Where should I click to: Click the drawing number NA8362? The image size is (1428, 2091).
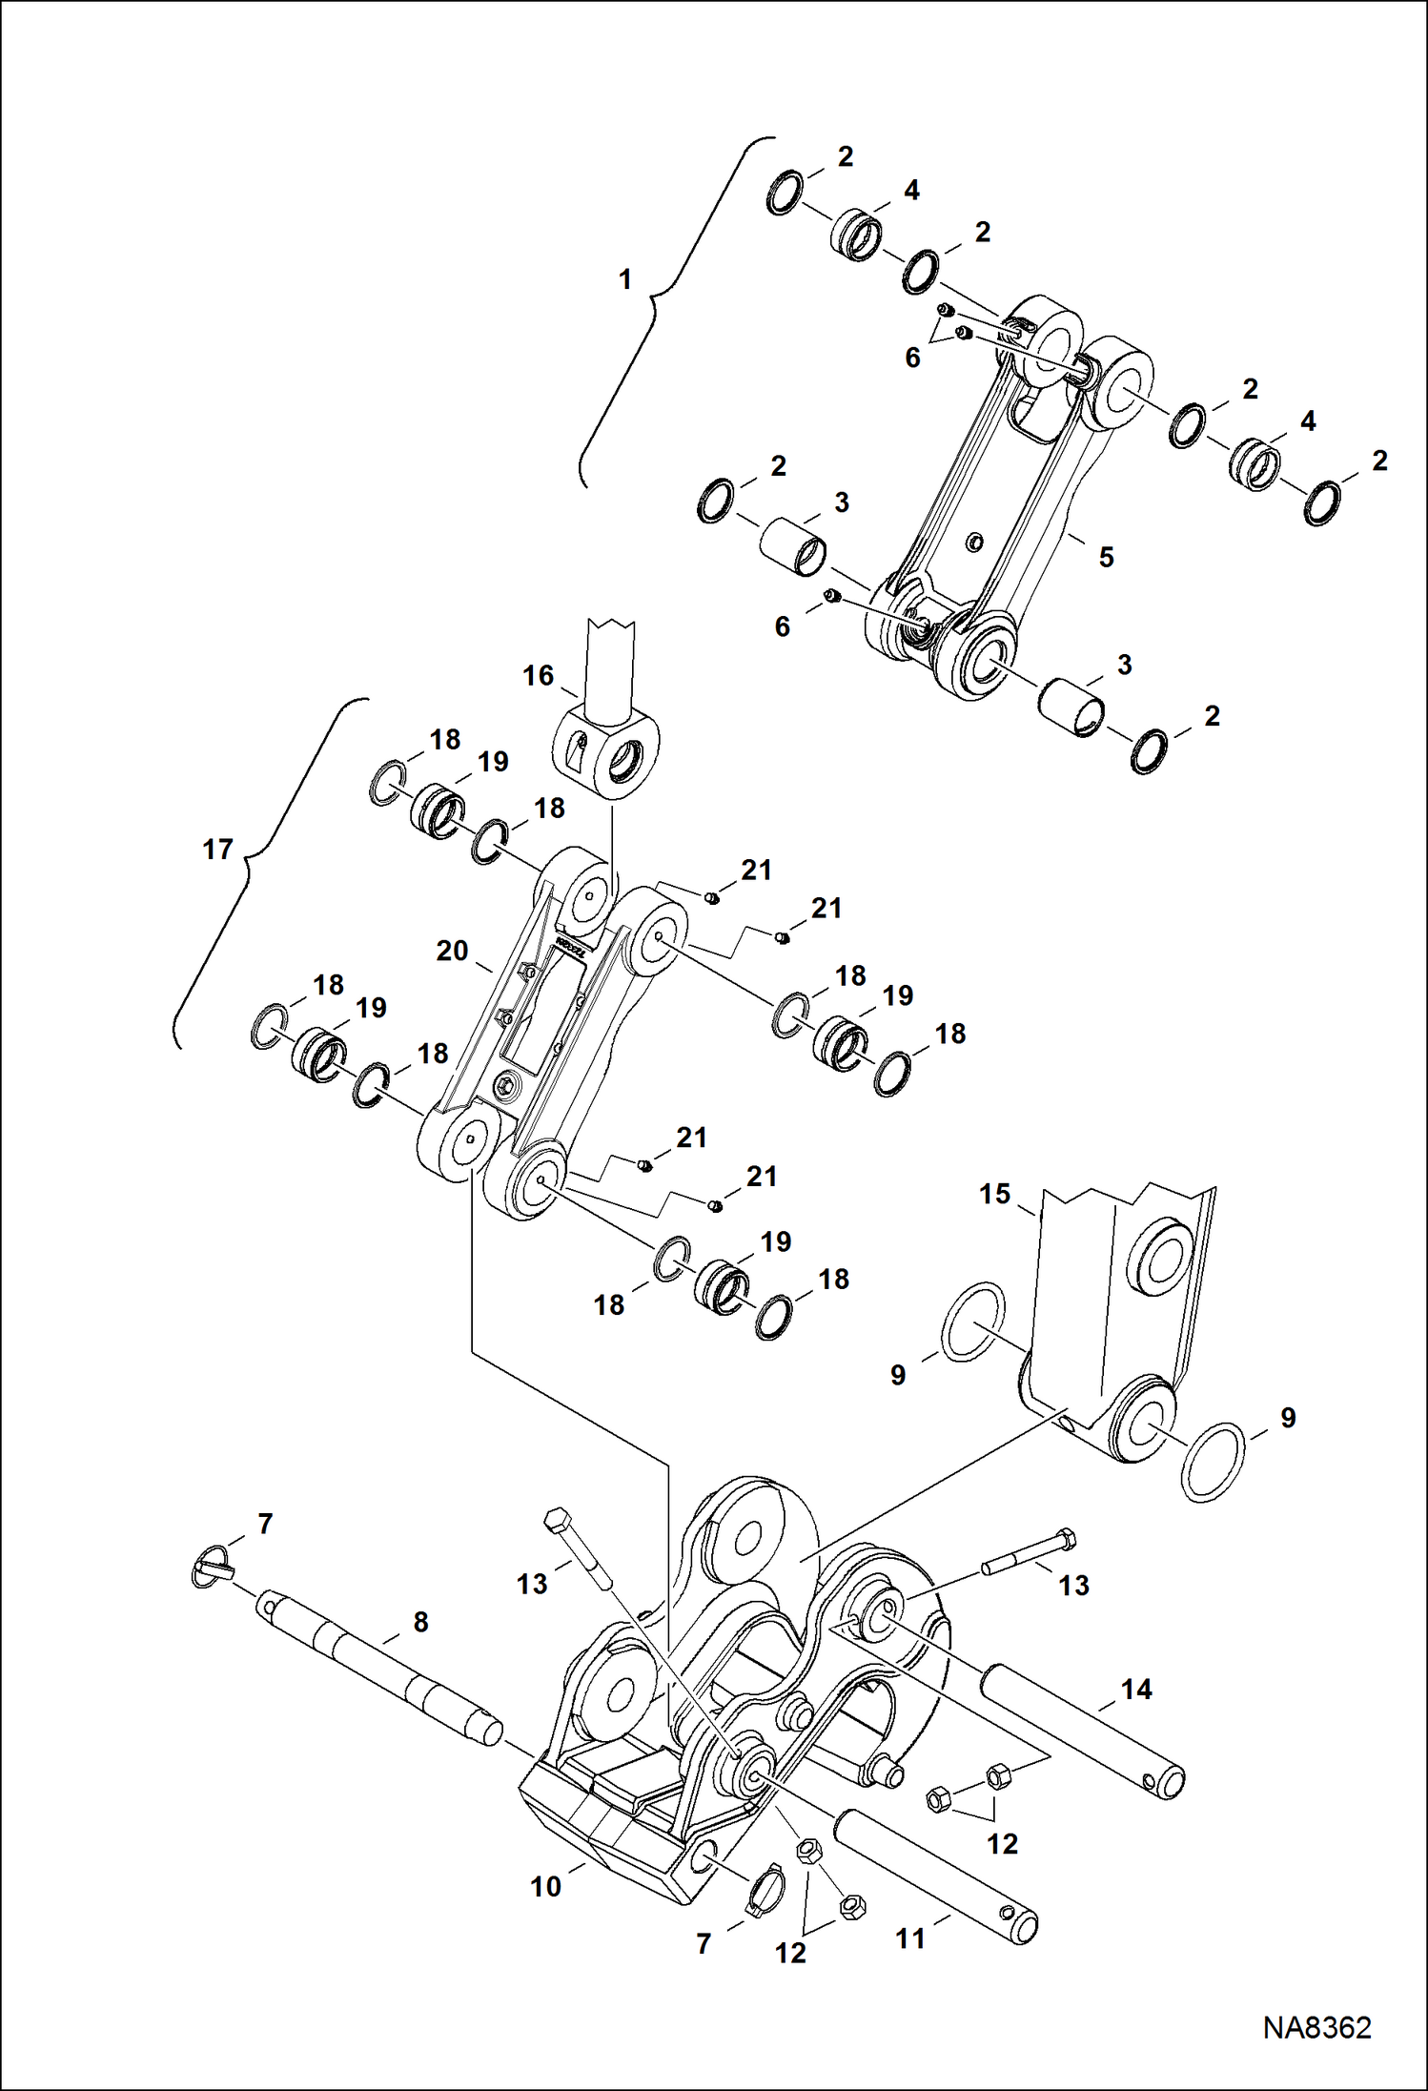point(1316,2027)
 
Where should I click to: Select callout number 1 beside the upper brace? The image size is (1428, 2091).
point(625,279)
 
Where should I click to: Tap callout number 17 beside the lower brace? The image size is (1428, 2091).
point(217,849)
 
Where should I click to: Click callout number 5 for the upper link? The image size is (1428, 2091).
point(1106,557)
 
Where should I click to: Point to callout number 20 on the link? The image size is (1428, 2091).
point(452,951)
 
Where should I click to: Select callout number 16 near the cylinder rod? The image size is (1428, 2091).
point(538,675)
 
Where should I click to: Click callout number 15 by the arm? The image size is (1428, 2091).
point(994,1194)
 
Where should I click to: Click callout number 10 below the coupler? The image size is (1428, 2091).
point(545,1885)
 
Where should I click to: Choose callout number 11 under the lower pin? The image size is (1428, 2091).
point(910,1938)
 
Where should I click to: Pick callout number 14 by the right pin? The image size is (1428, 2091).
point(1136,1690)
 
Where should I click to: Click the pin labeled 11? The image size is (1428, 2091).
point(934,1878)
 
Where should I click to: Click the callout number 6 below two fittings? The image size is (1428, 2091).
point(912,358)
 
